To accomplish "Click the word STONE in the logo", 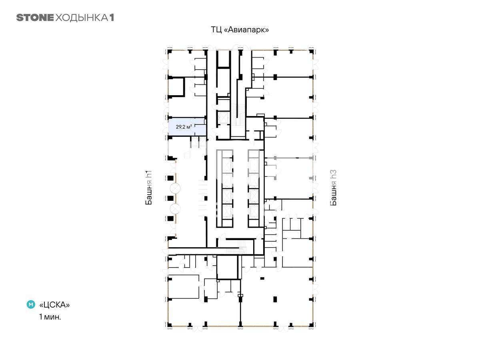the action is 35,18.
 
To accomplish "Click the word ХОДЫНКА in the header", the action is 82,18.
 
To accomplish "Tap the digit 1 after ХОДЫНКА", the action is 112,18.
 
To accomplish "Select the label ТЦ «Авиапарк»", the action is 240,30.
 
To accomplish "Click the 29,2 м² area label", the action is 184,126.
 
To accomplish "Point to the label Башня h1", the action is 148,187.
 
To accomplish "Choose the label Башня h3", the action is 333,187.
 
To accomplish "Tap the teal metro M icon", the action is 31,304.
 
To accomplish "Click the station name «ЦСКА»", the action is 54,305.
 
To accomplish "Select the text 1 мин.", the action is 50,317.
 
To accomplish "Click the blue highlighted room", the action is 187,126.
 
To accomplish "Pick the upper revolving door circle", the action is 175,188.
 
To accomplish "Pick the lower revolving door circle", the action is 175,208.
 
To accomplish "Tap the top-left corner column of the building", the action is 170,52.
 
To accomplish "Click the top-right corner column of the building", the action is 311,52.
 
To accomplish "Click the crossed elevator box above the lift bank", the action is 223,118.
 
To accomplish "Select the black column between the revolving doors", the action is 170,198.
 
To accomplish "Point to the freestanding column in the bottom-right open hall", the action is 275,299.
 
